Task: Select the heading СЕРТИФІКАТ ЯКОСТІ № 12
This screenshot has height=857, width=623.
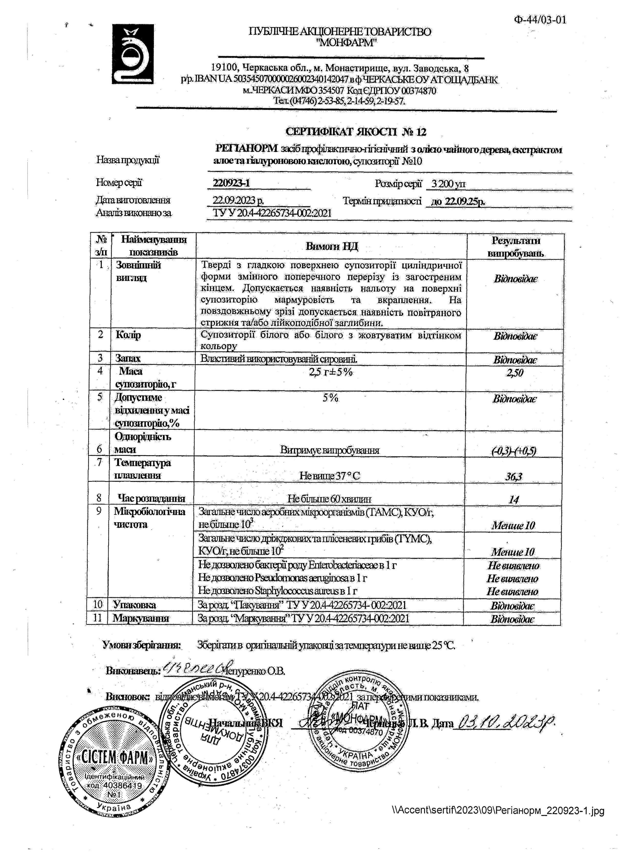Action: (x=356, y=132)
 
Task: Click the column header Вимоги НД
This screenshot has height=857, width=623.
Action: (x=332, y=246)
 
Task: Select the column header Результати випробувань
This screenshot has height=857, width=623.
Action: (x=516, y=246)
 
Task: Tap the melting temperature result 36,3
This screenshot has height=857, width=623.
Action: (x=514, y=477)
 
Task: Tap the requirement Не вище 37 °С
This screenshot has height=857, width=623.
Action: (x=330, y=476)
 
